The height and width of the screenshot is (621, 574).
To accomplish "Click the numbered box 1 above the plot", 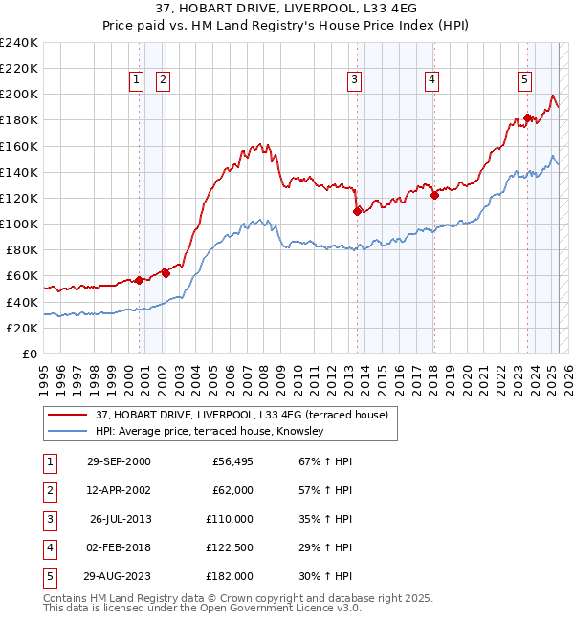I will click(136, 80).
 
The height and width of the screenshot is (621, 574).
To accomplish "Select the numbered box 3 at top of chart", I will click(354, 80).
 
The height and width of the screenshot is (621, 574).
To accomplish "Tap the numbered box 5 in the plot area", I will click(525, 80).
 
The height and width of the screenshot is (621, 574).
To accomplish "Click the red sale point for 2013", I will click(357, 211).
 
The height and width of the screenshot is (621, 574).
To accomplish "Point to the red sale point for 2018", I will click(434, 195).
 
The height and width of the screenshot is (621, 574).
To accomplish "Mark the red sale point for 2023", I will click(527, 118).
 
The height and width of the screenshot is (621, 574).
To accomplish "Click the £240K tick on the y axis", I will click(19, 43).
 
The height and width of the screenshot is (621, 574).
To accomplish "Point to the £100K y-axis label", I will click(19, 224).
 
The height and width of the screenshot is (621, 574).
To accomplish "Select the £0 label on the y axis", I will click(29, 353).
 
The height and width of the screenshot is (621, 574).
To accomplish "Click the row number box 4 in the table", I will click(49, 547).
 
